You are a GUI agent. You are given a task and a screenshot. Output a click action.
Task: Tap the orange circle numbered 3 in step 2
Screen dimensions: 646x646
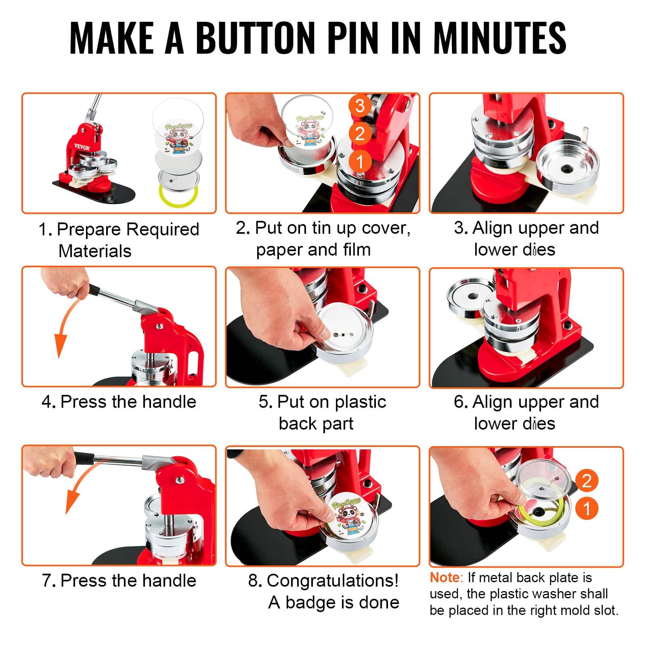pyautogui.click(x=360, y=106)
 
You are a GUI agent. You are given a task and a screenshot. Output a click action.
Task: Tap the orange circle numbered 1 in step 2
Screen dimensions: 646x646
pyautogui.click(x=360, y=161)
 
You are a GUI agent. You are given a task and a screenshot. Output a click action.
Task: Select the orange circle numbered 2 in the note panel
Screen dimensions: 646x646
pyautogui.click(x=586, y=480)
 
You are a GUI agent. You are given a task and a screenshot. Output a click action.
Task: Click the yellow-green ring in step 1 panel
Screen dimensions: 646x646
pyautogui.click(x=178, y=196)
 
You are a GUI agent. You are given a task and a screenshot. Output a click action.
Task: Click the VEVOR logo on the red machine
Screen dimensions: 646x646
pyautogui.click(x=82, y=147)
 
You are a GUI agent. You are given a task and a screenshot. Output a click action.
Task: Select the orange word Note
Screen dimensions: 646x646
pyautogui.click(x=444, y=578)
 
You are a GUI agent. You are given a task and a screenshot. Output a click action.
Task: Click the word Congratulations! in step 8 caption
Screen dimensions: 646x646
pyautogui.click(x=332, y=581)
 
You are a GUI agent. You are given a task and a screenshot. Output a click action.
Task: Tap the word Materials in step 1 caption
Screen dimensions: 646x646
pyautogui.click(x=95, y=251)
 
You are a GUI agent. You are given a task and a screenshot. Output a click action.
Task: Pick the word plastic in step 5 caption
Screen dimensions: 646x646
pyautogui.click(x=360, y=402)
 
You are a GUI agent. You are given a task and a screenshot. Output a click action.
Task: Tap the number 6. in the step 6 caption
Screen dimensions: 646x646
pyautogui.click(x=461, y=402)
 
